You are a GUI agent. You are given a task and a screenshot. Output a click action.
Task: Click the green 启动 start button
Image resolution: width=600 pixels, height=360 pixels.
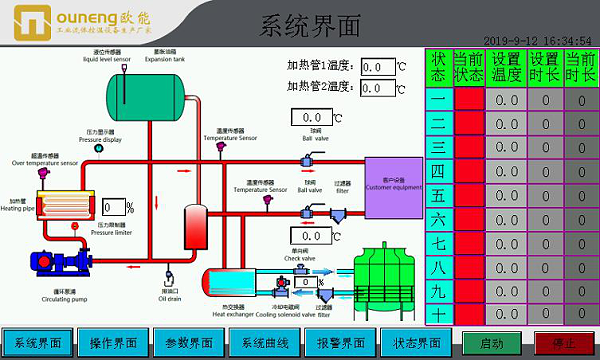coord(491,342)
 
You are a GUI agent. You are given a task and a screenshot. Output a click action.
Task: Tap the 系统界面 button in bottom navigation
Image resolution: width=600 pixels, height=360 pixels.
coord(37,342)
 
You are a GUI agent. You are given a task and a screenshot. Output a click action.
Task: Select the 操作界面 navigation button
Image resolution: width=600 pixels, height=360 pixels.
coord(113,342)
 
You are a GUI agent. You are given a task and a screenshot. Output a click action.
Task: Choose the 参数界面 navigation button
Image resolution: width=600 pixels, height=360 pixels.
coord(189,342)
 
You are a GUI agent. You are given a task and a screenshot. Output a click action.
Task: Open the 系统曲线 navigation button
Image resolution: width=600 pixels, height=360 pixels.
coord(265,342)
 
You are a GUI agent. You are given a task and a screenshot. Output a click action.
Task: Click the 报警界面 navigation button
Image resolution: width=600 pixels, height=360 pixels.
coord(341,342)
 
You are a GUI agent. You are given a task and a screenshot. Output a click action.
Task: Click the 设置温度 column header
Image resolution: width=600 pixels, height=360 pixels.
coord(506,67)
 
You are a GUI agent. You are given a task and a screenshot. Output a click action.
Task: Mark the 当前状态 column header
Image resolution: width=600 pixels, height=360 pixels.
coord(468,67)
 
